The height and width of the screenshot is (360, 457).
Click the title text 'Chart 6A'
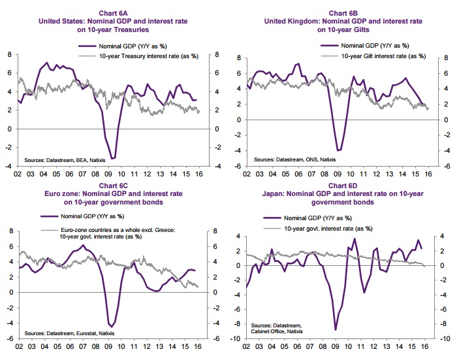[113, 13]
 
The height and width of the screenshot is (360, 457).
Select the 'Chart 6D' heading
[343, 186]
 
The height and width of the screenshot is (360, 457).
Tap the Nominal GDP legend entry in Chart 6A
[123, 46]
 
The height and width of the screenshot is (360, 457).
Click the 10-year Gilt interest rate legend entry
[373, 56]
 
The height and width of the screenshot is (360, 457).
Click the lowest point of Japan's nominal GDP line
[336, 330]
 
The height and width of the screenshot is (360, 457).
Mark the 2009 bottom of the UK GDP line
[339, 150]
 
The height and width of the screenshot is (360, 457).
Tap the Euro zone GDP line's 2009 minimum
[112, 327]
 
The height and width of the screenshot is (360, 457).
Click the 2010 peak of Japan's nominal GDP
[355, 238]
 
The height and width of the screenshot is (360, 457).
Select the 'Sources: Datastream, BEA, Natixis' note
[65, 160]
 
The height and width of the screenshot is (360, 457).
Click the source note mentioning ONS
[294, 159]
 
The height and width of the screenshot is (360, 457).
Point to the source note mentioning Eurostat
[69, 333]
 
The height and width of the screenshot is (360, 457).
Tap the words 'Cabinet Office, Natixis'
[277, 331]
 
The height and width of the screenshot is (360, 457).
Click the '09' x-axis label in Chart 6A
[108, 174]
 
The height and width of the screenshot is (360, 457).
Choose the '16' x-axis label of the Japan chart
[424, 346]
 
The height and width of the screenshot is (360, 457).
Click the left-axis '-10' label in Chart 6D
[235, 338]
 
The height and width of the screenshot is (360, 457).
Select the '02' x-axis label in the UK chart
[247, 174]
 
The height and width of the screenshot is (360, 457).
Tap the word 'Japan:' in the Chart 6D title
[274, 193]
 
